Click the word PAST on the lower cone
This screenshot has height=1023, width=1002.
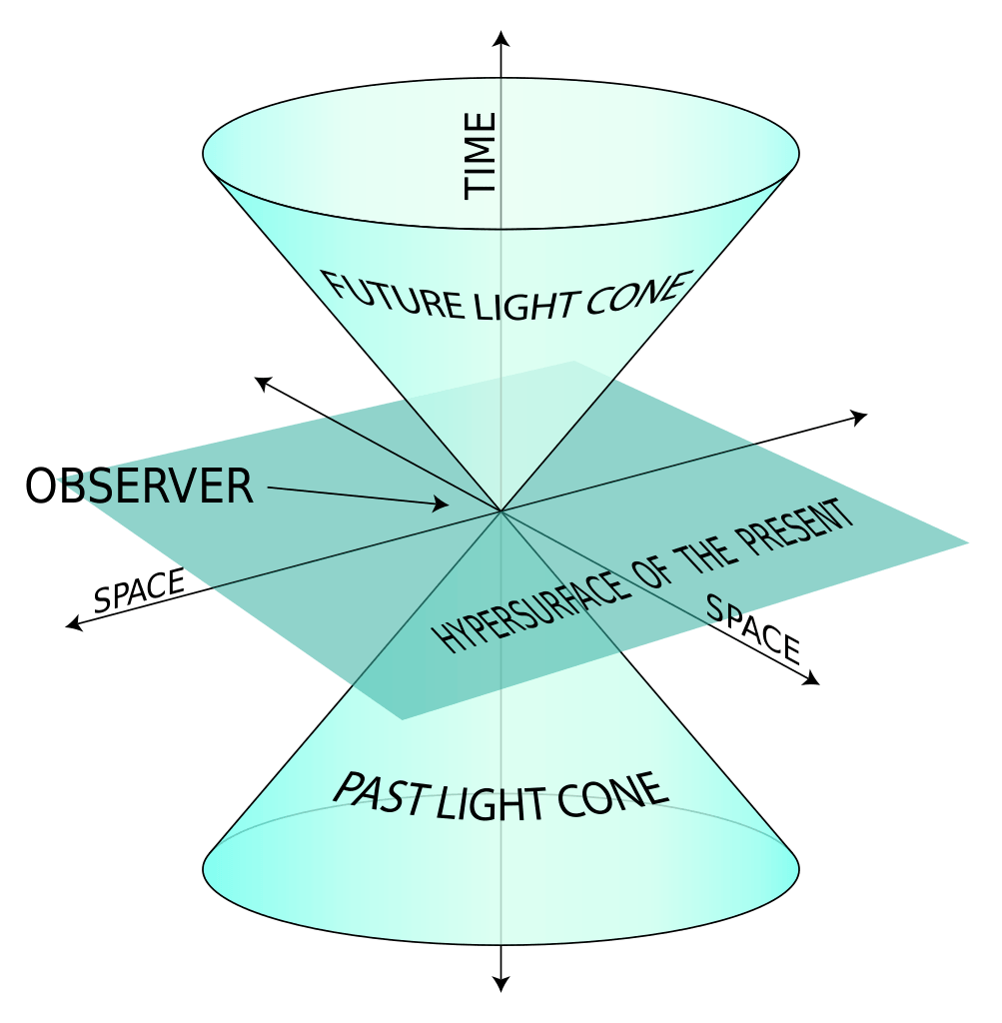point(382,793)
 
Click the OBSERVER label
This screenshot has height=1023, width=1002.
point(139,487)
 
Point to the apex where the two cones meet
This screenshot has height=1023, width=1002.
point(501,511)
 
